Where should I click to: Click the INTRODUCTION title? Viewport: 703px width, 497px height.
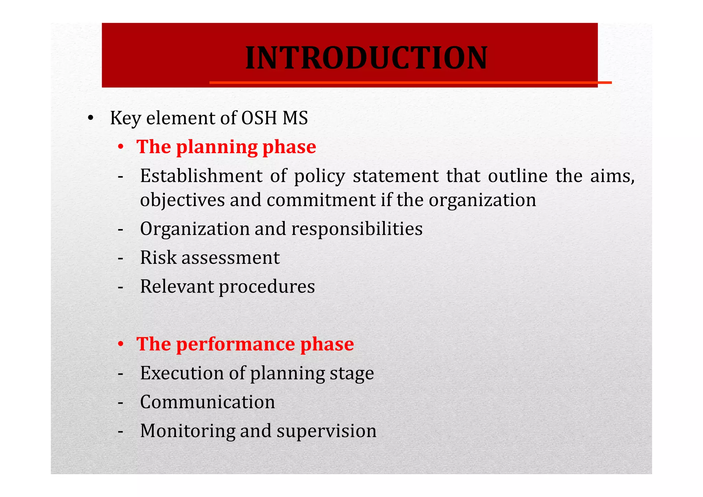pyautogui.click(x=366, y=58)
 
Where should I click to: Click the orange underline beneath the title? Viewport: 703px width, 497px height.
pyautogui.click(x=410, y=82)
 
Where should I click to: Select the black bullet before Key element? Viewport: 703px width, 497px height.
pyautogui.click(x=90, y=118)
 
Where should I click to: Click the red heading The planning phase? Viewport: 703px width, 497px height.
pyautogui.click(x=226, y=147)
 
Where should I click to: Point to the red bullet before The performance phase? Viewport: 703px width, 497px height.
pyautogui.click(x=120, y=344)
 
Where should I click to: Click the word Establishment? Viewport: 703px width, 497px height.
pyautogui.click(x=201, y=176)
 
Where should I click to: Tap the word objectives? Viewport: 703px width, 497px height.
pyautogui.click(x=182, y=200)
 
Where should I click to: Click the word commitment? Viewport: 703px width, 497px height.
pyautogui.click(x=321, y=200)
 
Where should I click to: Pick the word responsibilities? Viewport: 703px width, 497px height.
pyautogui.click(x=357, y=229)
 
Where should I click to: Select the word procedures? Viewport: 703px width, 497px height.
pyautogui.click(x=267, y=287)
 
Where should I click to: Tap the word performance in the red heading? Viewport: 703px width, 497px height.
pyautogui.click(x=235, y=344)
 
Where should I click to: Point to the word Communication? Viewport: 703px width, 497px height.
pyautogui.click(x=207, y=402)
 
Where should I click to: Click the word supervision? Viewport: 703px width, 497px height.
pyautogui.click(x=326, y=431)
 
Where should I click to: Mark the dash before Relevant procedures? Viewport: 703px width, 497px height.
pyautogui.click(x=120, y=287)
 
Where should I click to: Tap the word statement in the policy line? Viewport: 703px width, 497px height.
pyautogui.click(x=396, y=176)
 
